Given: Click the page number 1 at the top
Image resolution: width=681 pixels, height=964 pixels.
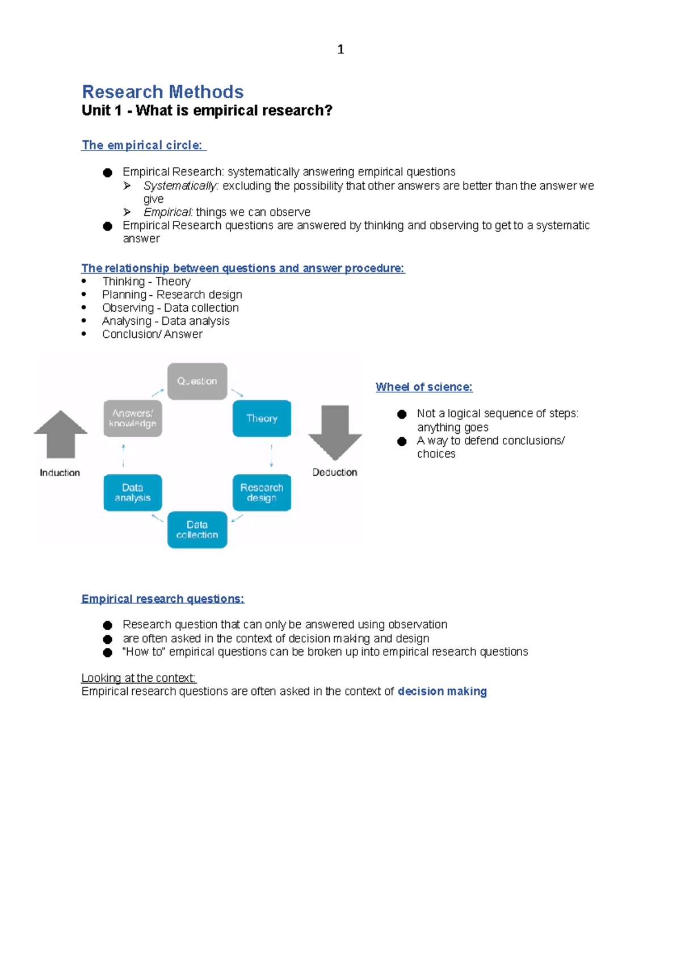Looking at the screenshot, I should click(340, 49).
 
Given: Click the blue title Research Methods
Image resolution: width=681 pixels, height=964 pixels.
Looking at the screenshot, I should click(163, 92).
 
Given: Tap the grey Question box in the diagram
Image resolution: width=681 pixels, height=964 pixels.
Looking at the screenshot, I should click(197, 382).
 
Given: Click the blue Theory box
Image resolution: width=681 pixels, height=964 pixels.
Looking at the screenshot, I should click(262, 418).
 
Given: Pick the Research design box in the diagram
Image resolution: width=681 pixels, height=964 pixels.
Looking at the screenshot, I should click(262, 493).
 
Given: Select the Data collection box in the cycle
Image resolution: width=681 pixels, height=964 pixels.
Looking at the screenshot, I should click(197, 530).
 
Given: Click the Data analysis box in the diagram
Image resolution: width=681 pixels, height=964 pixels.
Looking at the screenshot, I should click(133, 493).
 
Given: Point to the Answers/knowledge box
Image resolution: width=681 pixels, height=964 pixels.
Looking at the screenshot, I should click(133, 418).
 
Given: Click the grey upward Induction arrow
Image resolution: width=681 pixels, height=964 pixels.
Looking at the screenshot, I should click(61, 434).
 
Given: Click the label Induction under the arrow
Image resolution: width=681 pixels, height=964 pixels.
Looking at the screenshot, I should click(60, 473).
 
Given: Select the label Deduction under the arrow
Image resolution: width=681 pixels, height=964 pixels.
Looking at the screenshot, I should click(335, 472).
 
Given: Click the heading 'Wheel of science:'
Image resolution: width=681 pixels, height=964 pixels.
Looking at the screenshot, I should click(424, 387).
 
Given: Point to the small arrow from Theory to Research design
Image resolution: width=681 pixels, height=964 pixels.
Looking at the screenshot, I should click(272, 455).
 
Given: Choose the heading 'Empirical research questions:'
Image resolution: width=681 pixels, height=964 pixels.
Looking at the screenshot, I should click(163, 599).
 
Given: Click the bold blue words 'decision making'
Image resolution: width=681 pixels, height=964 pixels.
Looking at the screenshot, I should click(442, 691).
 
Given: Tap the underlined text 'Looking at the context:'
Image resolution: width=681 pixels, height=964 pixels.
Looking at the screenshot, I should click(138, 678).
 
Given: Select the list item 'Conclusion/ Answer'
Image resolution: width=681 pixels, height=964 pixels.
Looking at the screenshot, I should click(152, 334).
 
